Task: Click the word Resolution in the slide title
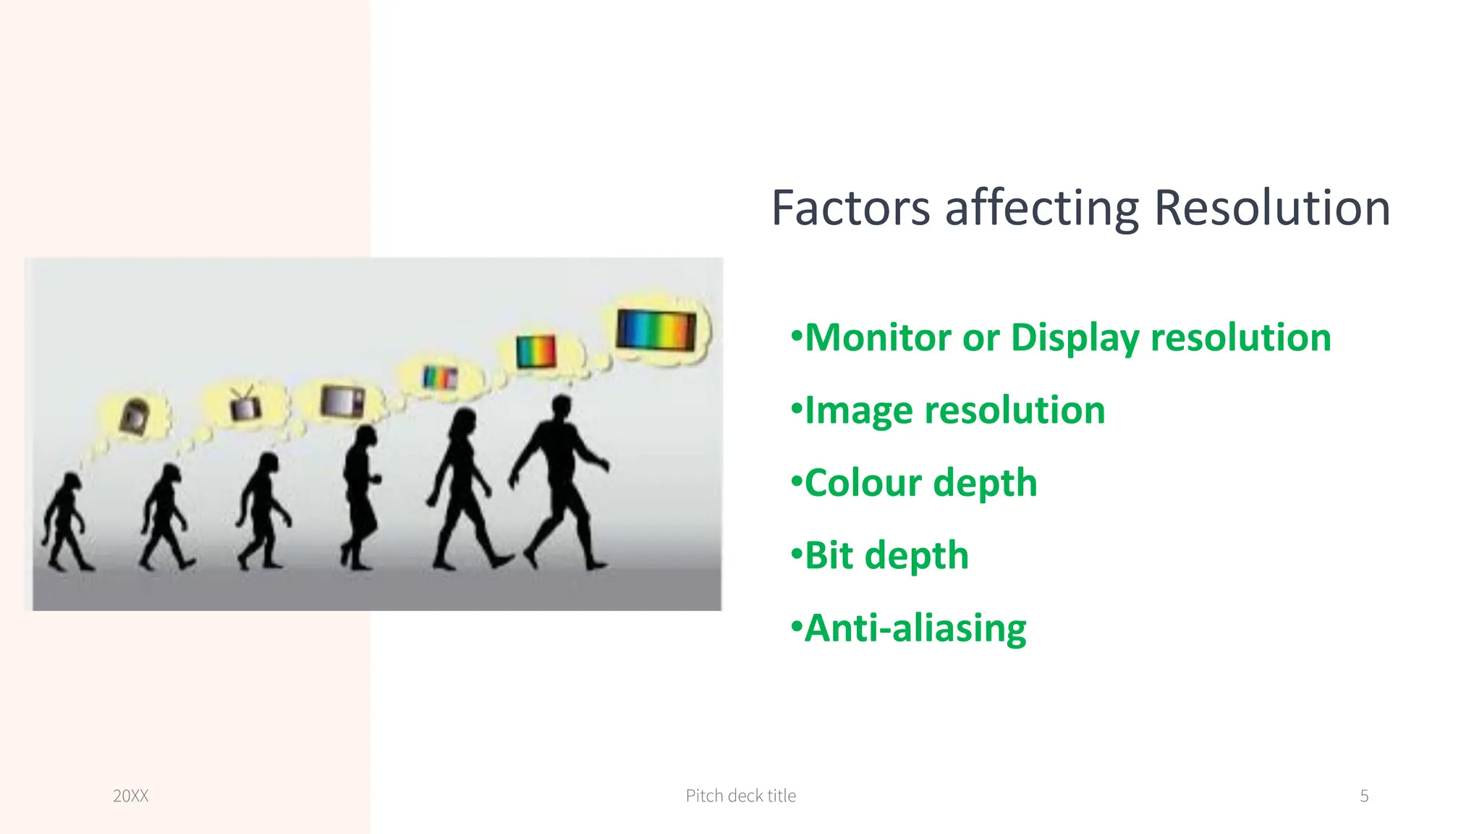(x=1271, y=208)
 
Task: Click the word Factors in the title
(x=850, y=208)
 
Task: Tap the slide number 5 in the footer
(x=1364, y=796)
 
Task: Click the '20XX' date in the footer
(x=131, y=796)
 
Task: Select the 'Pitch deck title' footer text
(x=740, y=796)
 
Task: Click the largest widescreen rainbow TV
(x=656, y=330)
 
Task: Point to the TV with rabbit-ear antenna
(x=245, y=405)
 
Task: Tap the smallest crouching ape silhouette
(x=66, y=521)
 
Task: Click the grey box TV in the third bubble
(x=342, y=401)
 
